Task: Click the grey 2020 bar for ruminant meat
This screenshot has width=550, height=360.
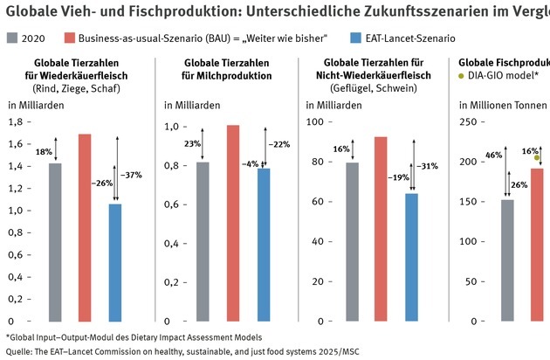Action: (x=55, y=242)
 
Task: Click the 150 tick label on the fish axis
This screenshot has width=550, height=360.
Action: (x=470, y=203)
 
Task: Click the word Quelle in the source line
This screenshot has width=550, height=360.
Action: (x=18, y=351)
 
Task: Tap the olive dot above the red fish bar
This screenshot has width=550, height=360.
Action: (x=537, y=157)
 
